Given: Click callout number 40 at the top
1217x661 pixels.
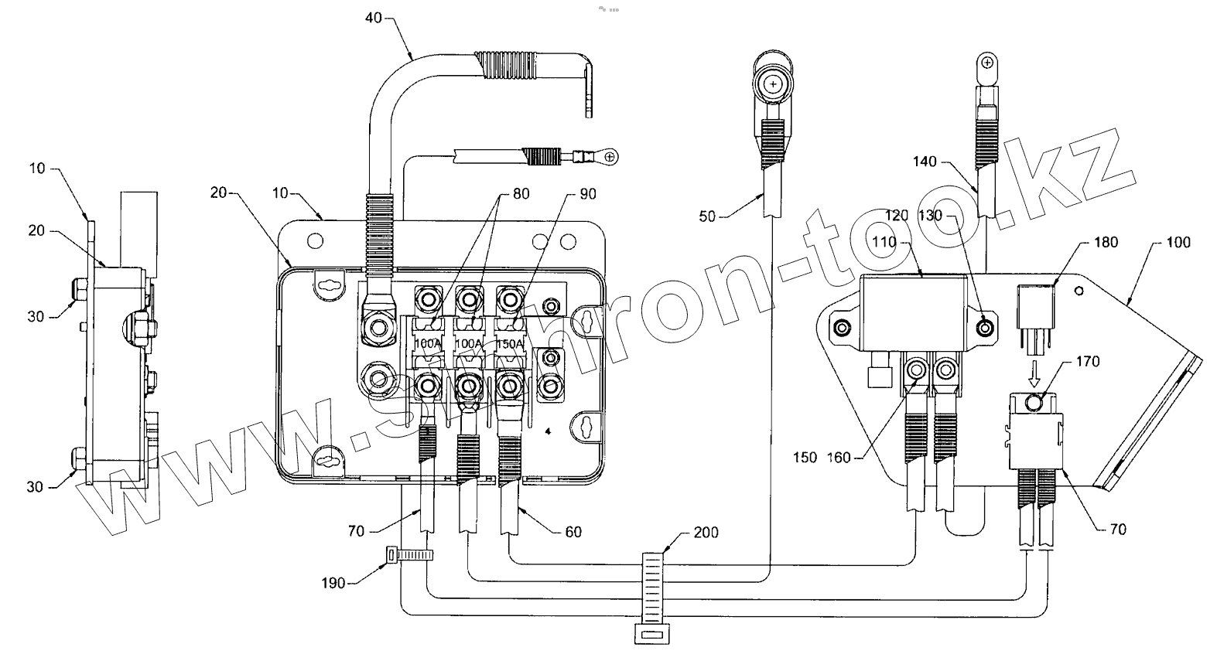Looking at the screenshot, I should [374, 17].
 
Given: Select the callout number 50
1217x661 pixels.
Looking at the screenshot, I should [707, 216].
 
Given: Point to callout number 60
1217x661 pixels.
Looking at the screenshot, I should [573, 531].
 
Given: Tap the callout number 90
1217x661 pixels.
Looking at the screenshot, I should [587, 193].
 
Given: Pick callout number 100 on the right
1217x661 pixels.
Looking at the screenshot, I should [1178, 242].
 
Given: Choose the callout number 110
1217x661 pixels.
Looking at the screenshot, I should [884, 242].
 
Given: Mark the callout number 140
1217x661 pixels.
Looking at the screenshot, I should [925, 162].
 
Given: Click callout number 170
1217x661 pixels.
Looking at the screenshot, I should [1087, 361].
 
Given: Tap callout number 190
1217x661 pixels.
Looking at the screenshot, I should [333, 583].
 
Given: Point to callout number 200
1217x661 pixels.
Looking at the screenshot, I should [706, 532].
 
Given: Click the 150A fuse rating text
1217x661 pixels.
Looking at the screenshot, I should [507, 342].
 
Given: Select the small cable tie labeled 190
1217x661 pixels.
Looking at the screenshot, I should [408, 554].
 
